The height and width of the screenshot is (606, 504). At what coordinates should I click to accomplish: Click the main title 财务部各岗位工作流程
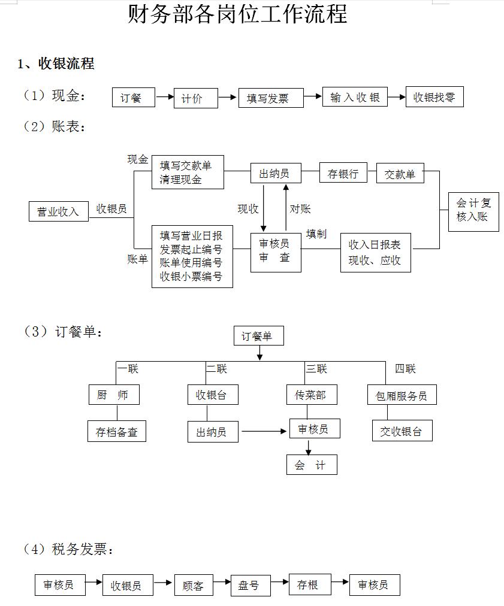pos(237,13)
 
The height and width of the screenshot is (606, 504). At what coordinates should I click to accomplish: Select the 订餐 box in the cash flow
pos(134,98)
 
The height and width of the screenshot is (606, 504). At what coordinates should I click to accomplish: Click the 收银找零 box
pos(434,98)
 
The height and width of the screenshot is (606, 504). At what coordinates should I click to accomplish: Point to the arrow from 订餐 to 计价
pos(164,97)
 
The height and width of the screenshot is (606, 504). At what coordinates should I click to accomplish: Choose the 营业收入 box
pos(58,211)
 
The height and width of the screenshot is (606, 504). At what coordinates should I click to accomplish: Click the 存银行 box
pos(343,174)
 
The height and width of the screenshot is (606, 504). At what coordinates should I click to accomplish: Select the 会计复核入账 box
pos(473,211)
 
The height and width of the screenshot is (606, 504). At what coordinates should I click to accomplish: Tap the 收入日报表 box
pos(375,252)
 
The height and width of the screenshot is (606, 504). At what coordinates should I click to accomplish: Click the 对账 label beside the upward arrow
pos(300,208)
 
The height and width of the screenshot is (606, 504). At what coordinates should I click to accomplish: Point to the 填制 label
pos(316,234)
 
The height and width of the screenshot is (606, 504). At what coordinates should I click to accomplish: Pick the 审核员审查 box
pos(275,251)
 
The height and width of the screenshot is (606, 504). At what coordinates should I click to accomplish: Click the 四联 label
pos(405,369)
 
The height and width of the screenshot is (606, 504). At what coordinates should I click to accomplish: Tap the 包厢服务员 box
pos(401,395)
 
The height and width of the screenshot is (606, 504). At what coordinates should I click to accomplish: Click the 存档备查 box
pos(117,432)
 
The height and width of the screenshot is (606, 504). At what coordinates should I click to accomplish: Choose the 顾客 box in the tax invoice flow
pos(194,586)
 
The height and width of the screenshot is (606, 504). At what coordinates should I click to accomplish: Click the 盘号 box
pos(249,585)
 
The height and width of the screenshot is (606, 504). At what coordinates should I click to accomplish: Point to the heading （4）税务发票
pos(68,549)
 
